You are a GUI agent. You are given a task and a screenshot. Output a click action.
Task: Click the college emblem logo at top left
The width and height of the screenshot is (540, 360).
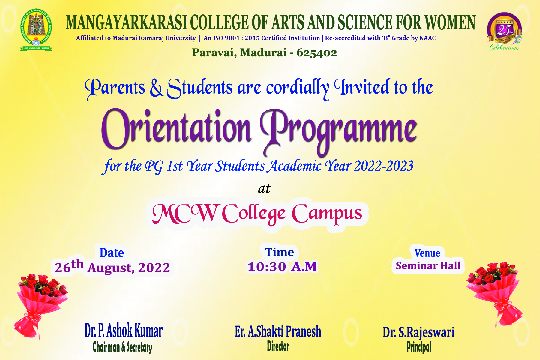[x=36, y=30]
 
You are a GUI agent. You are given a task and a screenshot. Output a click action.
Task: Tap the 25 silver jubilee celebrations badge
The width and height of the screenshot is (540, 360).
[x=504, y=31]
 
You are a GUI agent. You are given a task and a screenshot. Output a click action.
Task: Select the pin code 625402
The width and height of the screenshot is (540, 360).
[x=316, y=53]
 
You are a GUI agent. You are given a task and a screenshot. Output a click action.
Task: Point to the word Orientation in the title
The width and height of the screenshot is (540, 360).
[x=176, y=128]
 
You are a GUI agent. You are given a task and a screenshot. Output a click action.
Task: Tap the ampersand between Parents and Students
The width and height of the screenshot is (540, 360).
[x=156, y=88]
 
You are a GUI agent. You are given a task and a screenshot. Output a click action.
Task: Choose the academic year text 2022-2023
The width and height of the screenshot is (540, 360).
[x=384, y=166]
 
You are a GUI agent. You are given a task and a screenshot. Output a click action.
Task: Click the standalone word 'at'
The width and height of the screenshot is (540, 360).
[x=264, y=189]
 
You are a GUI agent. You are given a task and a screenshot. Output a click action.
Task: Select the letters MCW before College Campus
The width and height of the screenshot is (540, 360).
[x=185, y=214]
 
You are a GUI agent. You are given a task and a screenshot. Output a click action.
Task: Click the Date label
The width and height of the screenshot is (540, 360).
[x=112, y=253]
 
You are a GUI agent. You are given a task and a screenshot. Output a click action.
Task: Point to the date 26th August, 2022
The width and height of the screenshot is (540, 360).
[x=112, y=267]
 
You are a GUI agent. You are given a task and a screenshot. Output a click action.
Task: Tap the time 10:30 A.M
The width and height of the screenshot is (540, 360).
[x=282, y=267]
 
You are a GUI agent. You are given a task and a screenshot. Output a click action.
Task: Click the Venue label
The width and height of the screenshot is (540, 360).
[x=427, y=253]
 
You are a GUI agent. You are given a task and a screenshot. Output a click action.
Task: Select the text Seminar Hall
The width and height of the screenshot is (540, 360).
[x=428, y=266]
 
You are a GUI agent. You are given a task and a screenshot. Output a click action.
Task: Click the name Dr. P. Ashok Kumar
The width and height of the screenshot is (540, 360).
[x=123, y=331]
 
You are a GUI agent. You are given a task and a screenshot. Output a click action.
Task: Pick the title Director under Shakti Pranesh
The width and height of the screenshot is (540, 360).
[x=278, y=346]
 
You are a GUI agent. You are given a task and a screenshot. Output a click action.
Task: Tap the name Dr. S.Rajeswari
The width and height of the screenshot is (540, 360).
[x=418, y=332]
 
